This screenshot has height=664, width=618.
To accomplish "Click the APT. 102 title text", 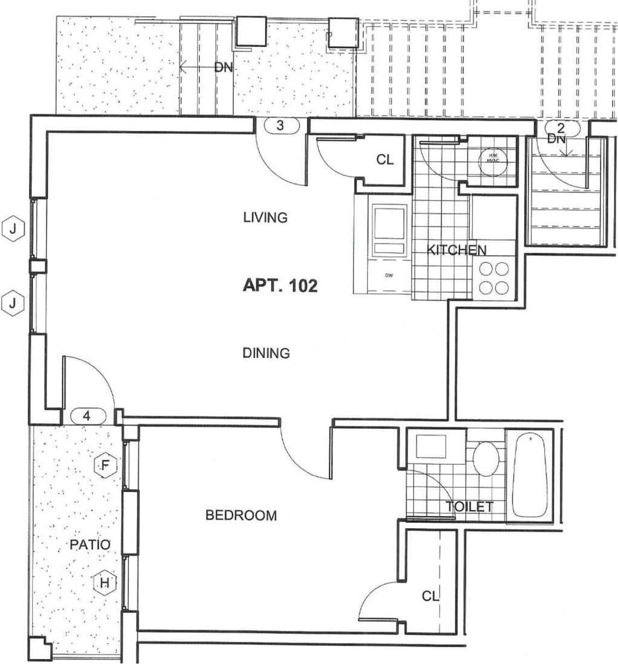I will [280, 285].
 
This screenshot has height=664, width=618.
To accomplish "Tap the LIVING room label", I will [265, 217].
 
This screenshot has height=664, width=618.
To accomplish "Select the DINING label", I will [266, 353].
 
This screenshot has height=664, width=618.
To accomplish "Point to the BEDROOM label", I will [241, 515].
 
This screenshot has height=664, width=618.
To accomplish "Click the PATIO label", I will [90, 544].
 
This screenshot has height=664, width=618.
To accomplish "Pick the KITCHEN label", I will [456, 250].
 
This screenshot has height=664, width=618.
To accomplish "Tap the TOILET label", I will [470, 506].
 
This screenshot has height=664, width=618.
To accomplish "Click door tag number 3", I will [281, 125].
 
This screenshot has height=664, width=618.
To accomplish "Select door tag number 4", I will [87, 416].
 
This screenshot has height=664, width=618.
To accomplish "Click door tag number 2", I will [561, 129].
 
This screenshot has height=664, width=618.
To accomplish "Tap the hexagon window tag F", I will [106, 465].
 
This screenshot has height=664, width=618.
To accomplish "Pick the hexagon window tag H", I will [105, 583].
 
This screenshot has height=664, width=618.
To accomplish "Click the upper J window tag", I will [13, 229].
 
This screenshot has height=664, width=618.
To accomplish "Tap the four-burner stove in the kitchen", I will [494, 278].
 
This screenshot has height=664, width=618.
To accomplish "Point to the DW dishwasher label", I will [389, 276].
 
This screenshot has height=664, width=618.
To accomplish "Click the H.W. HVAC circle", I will [493, 159].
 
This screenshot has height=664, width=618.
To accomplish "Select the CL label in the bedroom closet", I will [430, 596].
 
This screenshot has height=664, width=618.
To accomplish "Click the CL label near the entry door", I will [385, 159].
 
